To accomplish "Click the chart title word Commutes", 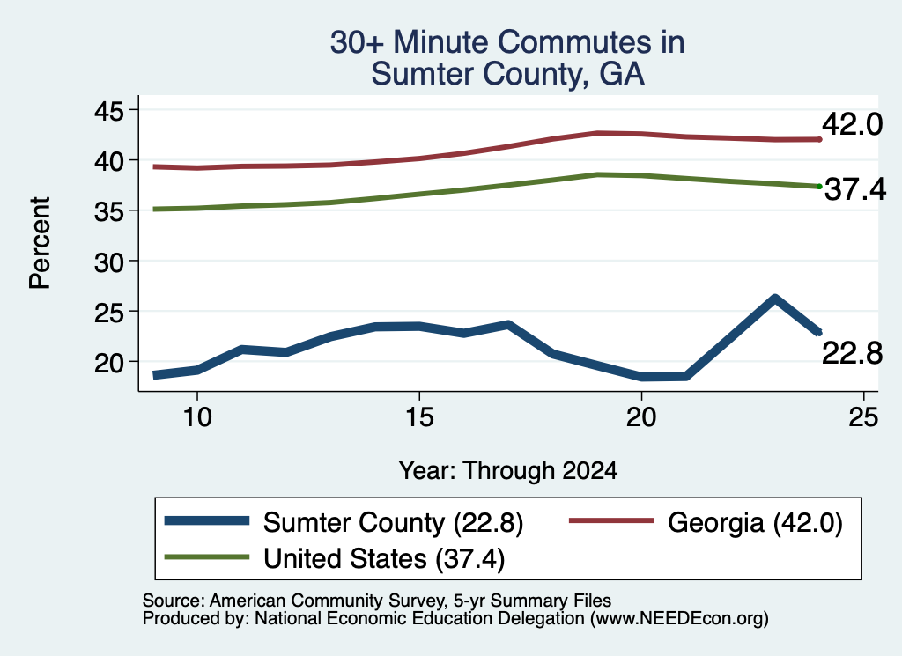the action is coord(574,42).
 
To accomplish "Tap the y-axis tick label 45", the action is coord(108,110).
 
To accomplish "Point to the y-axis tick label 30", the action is coord(108,262).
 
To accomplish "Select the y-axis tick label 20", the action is coord(108,363).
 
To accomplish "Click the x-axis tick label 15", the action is coord(419,416).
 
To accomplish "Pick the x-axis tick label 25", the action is coord(863,416).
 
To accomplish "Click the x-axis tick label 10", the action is coord(197,416).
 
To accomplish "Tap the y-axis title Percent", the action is coord(40,243).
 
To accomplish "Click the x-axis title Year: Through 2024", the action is coord(508,470).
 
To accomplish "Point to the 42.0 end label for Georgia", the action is coord(852,124).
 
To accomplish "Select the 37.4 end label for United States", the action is coord(855,189).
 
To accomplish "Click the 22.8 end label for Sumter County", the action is coord(852,352).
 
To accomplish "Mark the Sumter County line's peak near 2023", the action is coord(775,298).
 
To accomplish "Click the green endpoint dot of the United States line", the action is coord(819,187).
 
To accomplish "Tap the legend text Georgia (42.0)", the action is coord(755,523).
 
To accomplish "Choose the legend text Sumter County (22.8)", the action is coord(394,523).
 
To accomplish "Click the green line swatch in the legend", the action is coord(207,557).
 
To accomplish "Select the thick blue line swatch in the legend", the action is coord(207,521).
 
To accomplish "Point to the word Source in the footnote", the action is coord(171,601).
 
